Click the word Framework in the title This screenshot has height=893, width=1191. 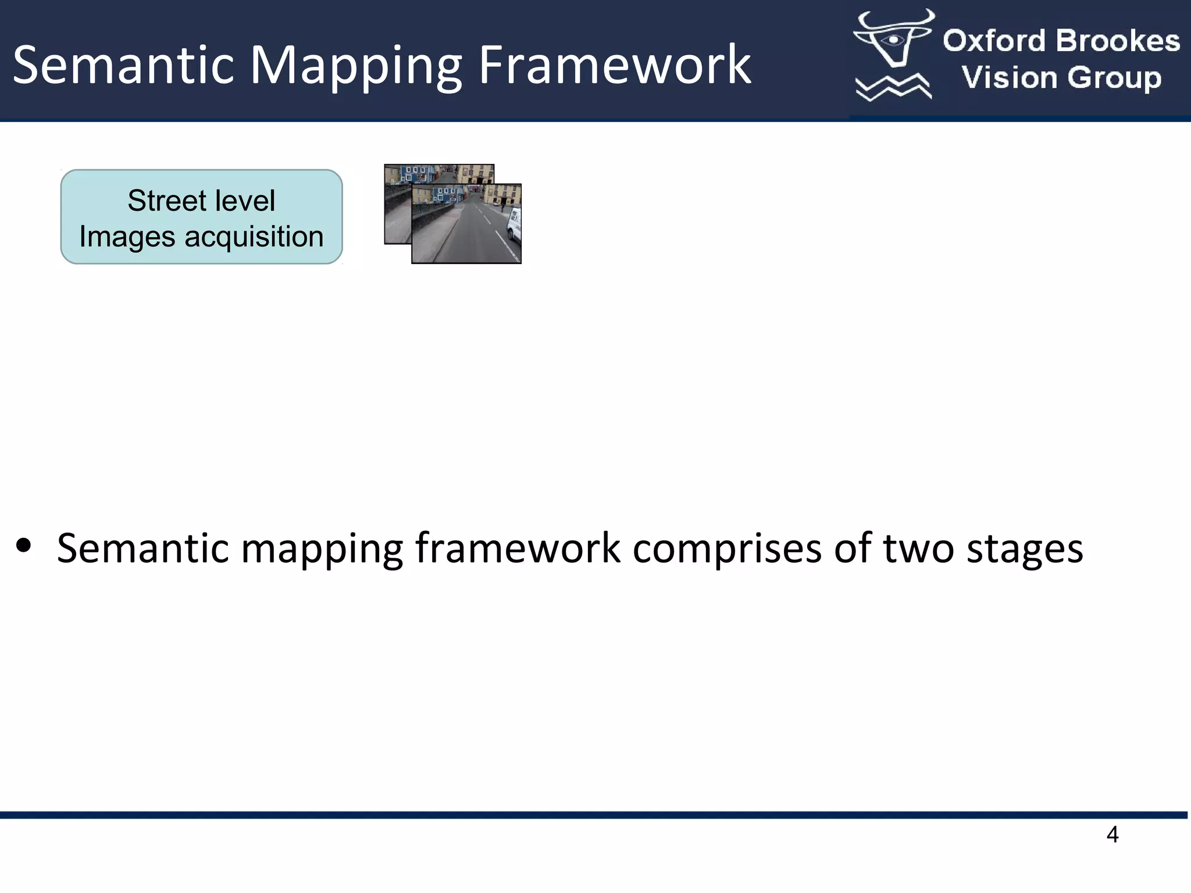pyautogui.click(x=614, y=65)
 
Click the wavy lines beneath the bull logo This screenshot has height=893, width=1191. pyautogui.click(x=893, y=87)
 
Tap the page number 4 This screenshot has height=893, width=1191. pyautogui.click(x=1112, y=835)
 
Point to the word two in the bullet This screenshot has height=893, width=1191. pyautogui.click(x=918, y=548)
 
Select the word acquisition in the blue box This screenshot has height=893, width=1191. pyautogui.click(x=254, y=237)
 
